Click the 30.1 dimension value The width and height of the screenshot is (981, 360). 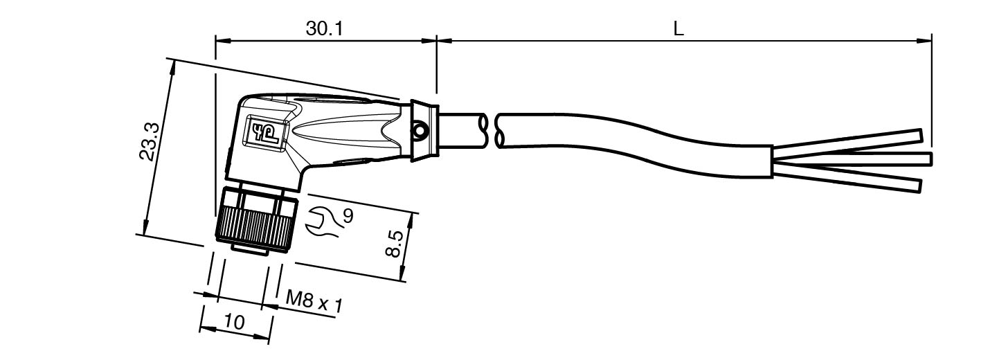point(324,29)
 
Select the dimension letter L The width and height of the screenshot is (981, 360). point(678,29)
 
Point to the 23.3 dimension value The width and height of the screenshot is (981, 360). point(150,142)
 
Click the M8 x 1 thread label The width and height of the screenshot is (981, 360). point(314,301)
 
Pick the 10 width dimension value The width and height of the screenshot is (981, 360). point(234,322)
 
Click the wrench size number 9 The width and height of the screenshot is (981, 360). point(348,216)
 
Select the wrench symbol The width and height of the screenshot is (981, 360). point(323,222)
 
